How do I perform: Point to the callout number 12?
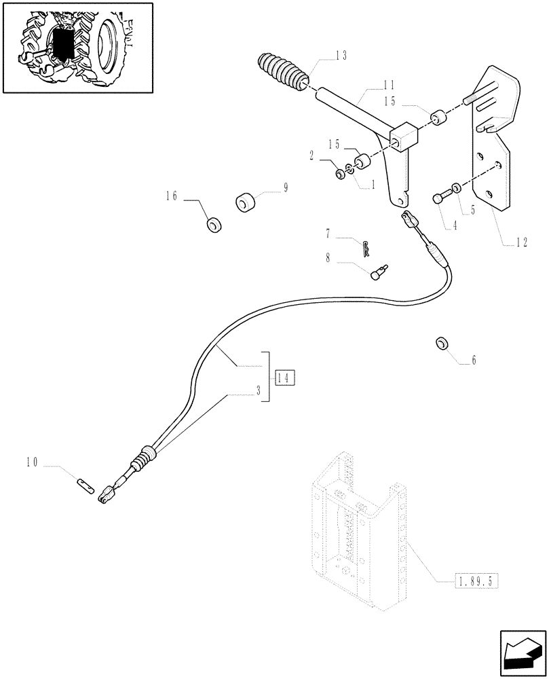tap(521, 241)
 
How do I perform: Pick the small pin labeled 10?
tap(85, 485)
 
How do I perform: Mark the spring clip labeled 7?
tap(367, 248)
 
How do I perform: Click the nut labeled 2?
tap(339, 175)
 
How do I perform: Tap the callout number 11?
tap(389, 86)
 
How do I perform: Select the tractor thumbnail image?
tap(77, 48)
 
